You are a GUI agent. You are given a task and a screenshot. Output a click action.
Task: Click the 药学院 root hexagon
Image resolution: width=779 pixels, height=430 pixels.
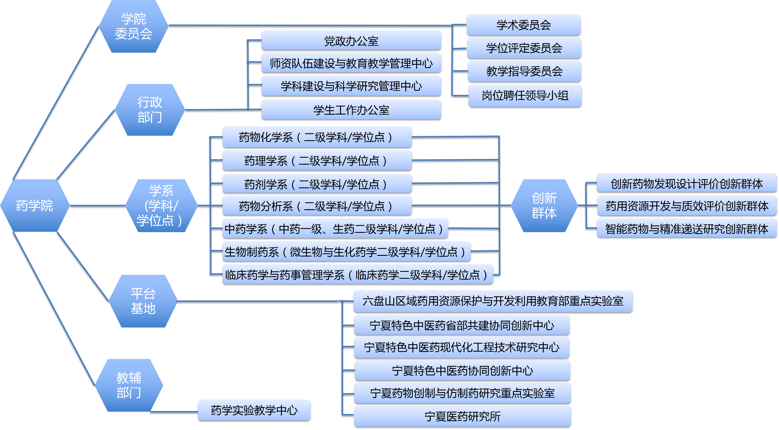tap(35, 206)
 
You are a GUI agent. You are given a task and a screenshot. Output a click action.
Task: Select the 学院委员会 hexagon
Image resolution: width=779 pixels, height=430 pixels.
tap(133, 26)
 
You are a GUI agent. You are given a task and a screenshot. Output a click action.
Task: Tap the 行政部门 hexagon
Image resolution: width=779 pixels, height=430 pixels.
tap(150, 110)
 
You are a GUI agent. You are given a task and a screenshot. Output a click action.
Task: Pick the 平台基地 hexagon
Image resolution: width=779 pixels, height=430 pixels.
tap(143, 301)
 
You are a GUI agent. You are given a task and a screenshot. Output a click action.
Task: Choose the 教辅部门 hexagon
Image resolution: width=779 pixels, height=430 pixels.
tap(129, 385)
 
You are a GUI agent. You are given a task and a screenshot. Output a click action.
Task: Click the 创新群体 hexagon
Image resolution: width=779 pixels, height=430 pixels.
tap(544, 206)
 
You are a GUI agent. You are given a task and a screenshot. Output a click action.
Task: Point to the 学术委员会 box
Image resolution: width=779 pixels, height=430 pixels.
tap(523, 25)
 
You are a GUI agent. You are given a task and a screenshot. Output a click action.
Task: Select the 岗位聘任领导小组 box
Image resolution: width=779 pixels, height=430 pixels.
tap(525, 96)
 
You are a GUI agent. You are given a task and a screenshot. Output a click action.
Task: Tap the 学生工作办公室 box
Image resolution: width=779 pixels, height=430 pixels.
tap(351, 109)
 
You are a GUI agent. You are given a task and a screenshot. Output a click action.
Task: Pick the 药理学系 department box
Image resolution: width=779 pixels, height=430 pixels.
tap(317, 160)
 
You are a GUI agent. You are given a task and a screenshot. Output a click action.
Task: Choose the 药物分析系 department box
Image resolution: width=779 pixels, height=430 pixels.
tap(317, 206)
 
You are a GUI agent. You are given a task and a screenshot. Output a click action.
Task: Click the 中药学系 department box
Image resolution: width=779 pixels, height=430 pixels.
tap(335, 229)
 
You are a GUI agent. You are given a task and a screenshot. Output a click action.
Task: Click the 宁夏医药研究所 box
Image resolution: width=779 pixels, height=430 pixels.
tap(462, 416)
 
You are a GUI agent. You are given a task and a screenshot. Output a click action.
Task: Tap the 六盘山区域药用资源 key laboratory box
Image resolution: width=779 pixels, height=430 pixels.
tap(493, 301)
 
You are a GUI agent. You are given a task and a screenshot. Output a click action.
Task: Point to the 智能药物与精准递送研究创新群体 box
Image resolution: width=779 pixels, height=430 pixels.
tap(687, 228)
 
